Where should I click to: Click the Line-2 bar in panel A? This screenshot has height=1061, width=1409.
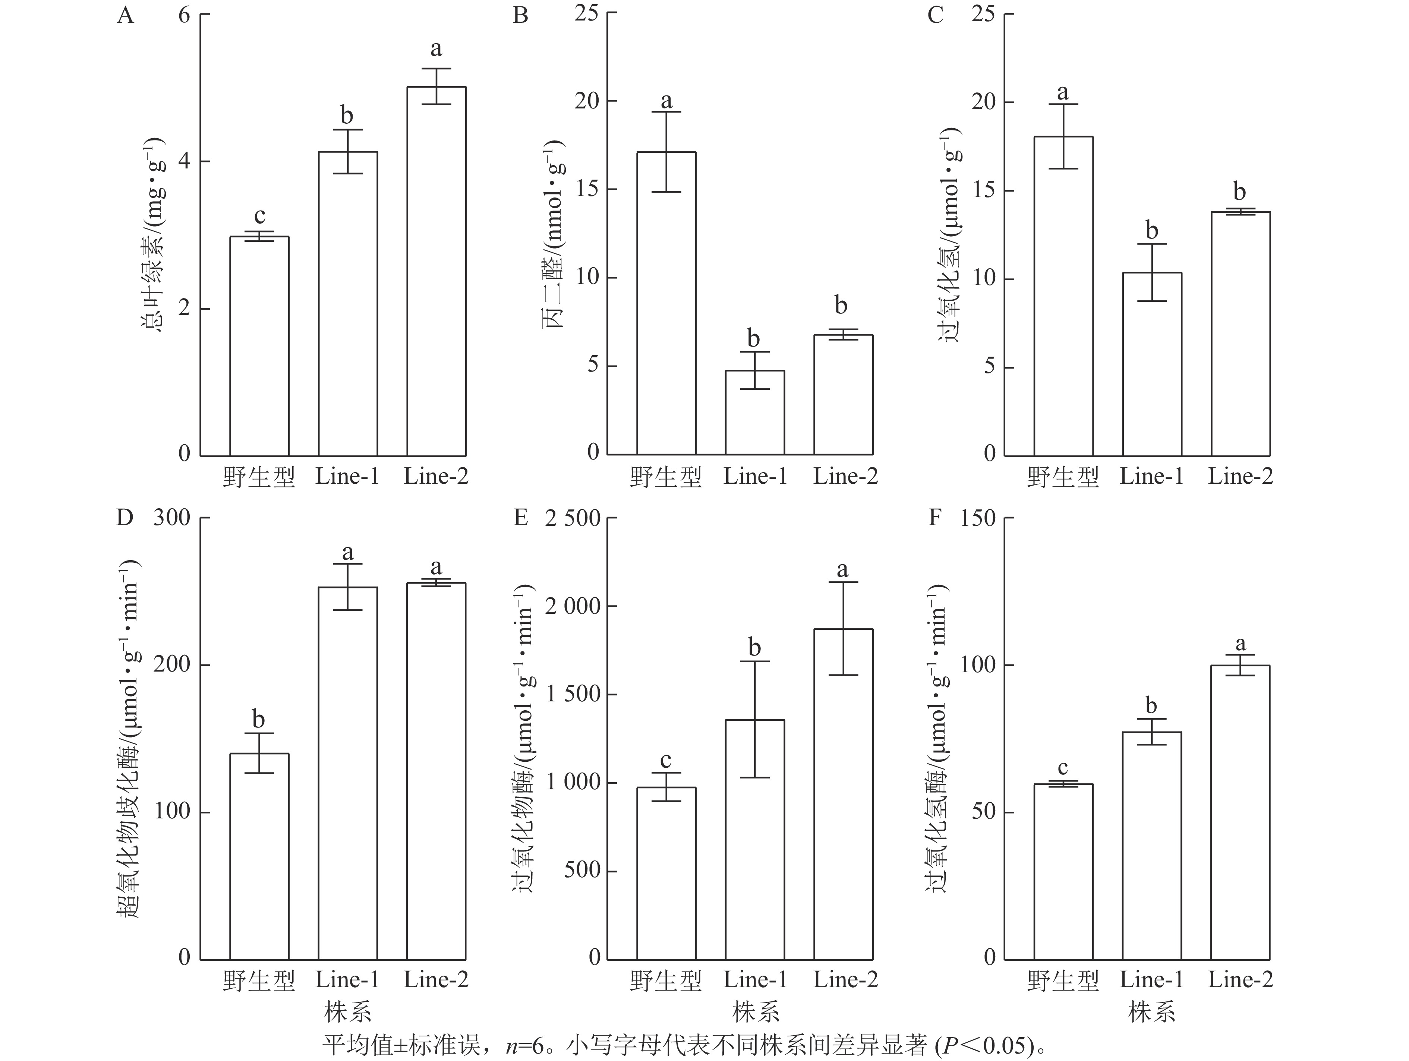[436, 271]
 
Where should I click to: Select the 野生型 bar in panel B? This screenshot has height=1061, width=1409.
[666, 303]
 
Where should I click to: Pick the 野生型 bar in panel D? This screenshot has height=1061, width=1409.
[259, 856]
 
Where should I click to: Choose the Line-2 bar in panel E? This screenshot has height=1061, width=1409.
[843, 793]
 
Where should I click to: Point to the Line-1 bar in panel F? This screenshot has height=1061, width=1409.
[1152, 845]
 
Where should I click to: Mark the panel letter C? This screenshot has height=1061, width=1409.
[935, 15]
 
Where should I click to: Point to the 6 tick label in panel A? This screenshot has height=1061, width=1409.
[184, 15]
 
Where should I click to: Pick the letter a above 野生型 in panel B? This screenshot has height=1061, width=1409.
[666, 101]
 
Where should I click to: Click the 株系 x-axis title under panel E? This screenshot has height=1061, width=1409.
[756, 1012]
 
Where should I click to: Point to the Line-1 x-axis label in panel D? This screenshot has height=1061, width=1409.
[347, 979]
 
